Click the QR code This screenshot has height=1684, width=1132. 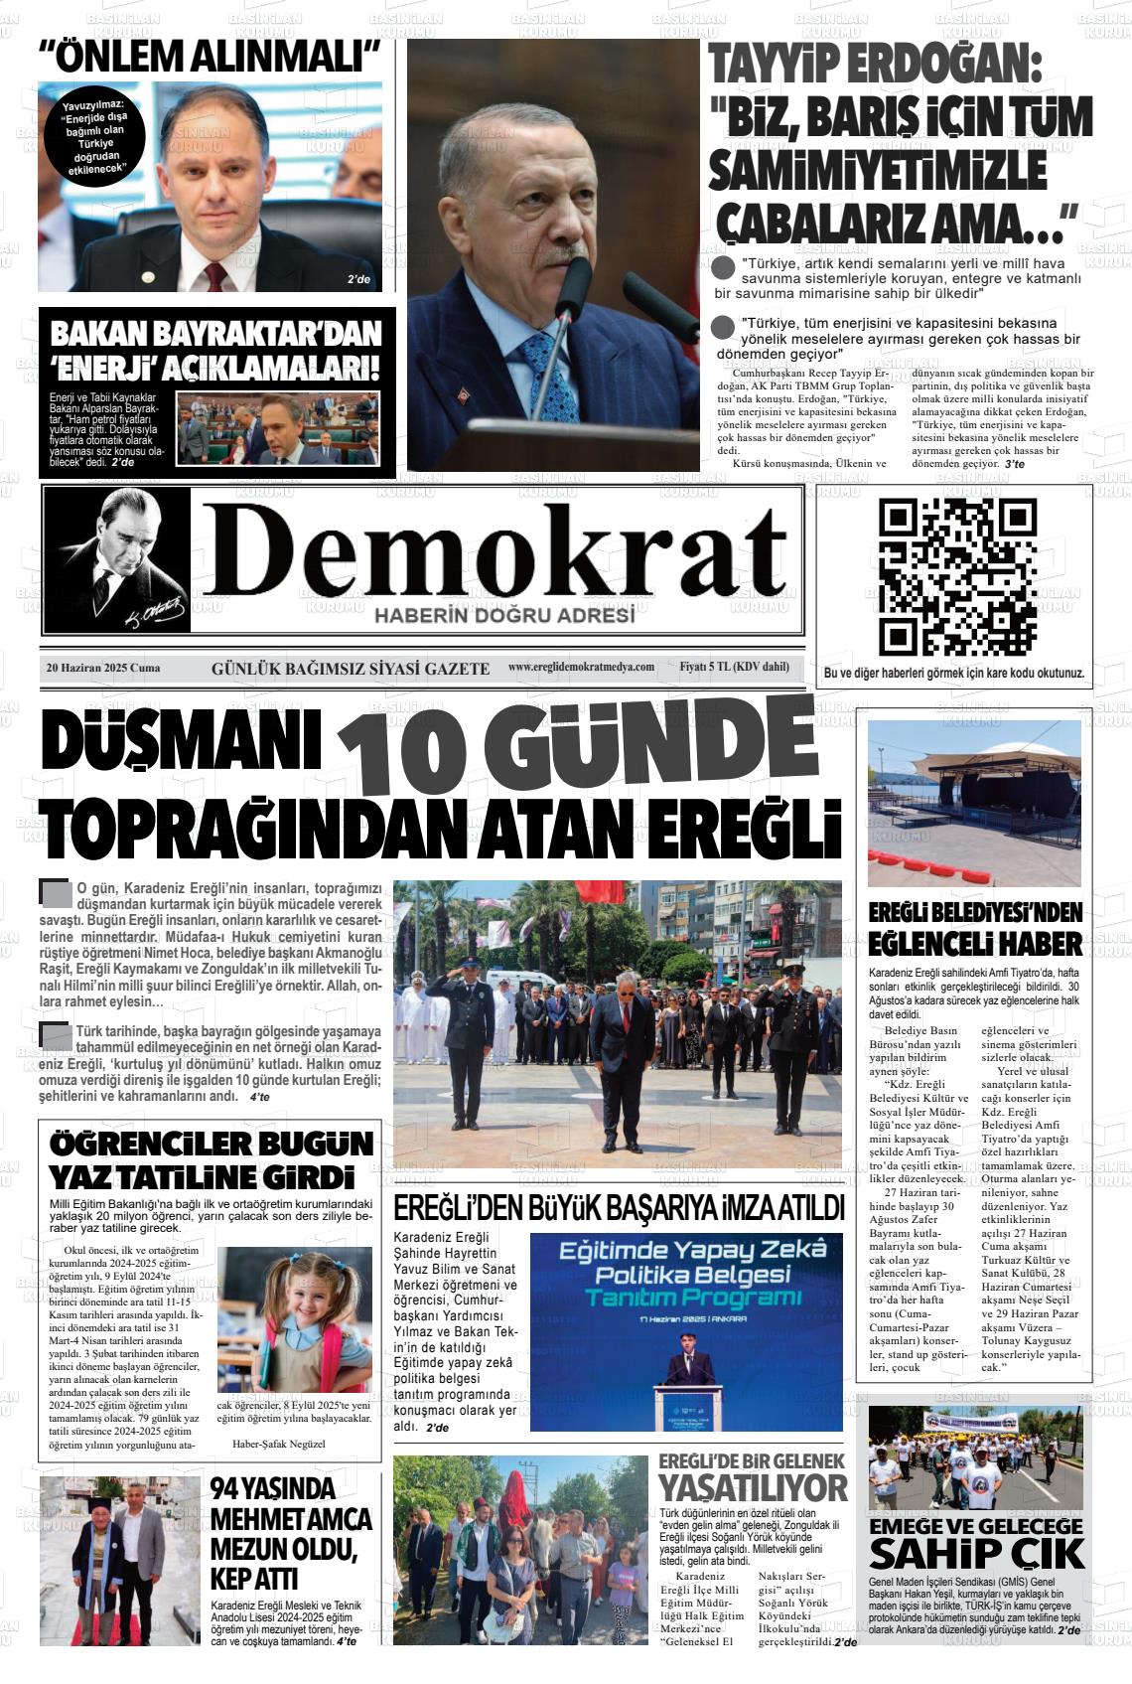(x=957, y=576)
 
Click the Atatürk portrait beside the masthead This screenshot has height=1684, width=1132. (x=116, y=559)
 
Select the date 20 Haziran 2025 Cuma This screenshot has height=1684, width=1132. (x=103, y=668)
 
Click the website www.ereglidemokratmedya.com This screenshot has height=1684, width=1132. (x=581, y=667)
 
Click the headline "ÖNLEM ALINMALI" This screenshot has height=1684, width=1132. (x=211, y=58)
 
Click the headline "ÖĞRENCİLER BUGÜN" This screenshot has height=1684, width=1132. (x=212, y=1143)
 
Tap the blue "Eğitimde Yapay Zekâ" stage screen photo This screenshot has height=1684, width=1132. (x=686, y=1331)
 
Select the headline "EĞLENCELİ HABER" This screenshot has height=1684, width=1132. (x=975, y=942)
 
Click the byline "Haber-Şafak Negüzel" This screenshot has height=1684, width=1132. (x=279, y=1444)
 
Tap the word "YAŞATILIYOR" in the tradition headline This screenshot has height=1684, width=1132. (x=753, y=1488)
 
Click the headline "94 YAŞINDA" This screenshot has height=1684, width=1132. (x=273, y=1489)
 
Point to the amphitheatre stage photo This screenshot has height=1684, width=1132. (x=974, y=803)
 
